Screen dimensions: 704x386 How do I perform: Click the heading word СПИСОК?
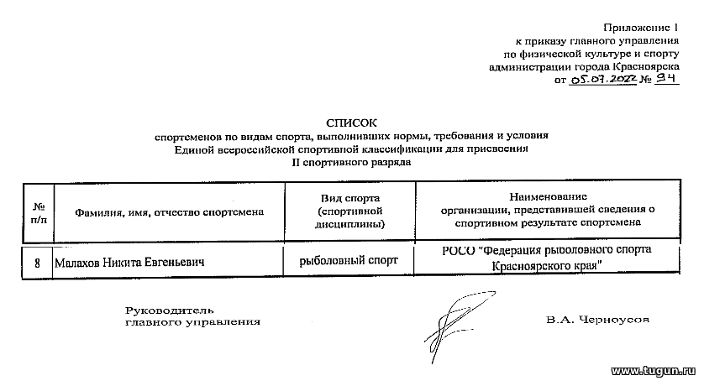click(351, 123)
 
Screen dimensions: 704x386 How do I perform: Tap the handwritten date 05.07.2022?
click(602, 80)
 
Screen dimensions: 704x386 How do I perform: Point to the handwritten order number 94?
click(666, 79)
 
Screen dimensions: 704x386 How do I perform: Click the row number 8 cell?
click(37, 263)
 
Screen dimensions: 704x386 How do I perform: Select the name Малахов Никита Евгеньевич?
click(129, 263)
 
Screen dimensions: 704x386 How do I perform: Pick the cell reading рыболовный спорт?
click(349, 260)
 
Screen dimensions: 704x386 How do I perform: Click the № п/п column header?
click(39, 213)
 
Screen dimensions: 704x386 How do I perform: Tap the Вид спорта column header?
click(349, 211)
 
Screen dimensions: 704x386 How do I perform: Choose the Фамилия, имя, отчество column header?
click(169, 212)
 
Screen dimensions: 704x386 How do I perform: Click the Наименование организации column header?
click(548, 210)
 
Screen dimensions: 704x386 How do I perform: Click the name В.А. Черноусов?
click(597, 320)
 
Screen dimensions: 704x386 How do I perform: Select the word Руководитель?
click(169, 310)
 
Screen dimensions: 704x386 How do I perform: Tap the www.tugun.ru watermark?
click(654, 371)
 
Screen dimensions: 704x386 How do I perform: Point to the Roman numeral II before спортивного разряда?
click(296, 162)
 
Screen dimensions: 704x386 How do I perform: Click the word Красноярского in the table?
click(530, 266)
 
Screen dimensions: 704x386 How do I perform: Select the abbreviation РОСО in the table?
click(459, 251)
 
